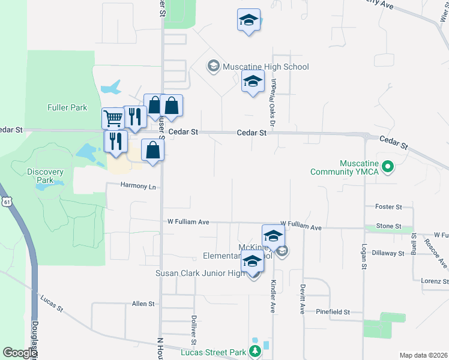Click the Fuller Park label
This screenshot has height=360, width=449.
(67, 108)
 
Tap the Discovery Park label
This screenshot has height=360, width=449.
(45, 176)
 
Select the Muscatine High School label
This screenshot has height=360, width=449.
(265, 67)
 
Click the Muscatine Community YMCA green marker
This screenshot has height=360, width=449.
(388, 166)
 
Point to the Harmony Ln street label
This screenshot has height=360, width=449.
(138, 186)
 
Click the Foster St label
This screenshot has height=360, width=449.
(388, 207)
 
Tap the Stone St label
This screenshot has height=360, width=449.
(388, 226)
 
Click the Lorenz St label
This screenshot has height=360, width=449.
(435, 281)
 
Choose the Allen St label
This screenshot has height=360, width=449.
(143, 304)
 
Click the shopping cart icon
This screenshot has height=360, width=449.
(112, 118)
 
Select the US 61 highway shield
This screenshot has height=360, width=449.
(5, 202)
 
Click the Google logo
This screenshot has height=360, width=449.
(19, 353)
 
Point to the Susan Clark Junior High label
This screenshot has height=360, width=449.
(200, 274)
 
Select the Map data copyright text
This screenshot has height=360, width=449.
(423, 355)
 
